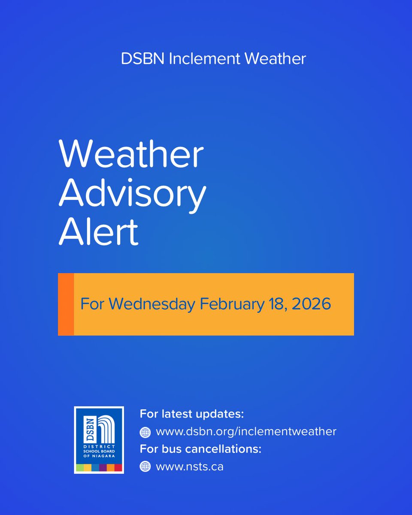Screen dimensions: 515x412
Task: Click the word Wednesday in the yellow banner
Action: tap(153, 304)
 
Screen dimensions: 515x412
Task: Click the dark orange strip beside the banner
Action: tap(66, 304)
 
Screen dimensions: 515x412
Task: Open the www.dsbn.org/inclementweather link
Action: tap(246, 432)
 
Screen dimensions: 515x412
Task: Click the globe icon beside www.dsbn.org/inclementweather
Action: tap(145, 432)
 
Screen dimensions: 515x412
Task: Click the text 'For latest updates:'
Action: tap(192, 415)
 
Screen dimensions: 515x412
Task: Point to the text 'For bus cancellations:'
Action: tap(200, 449)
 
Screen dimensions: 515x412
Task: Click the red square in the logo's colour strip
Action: tap(118, 468)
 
